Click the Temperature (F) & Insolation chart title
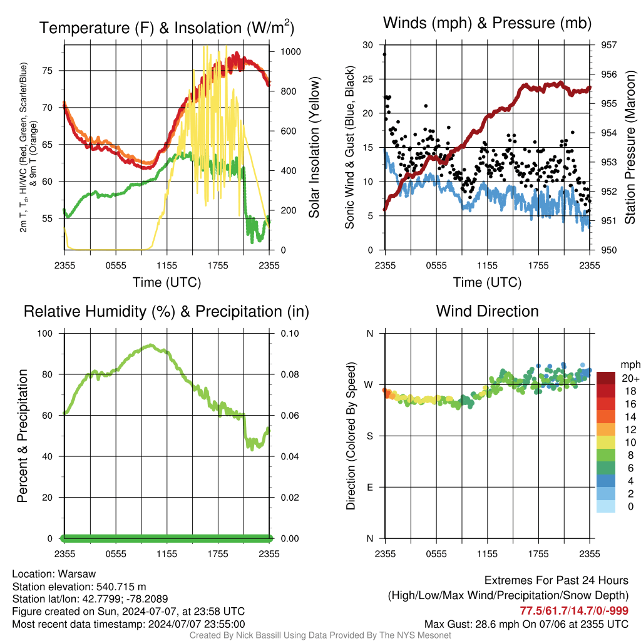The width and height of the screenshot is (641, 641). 167,28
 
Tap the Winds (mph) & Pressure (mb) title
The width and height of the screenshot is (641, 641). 487,23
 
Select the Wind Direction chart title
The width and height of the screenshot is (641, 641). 487,311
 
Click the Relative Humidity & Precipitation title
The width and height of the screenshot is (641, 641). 167,312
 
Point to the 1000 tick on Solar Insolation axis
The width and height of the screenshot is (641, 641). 290,51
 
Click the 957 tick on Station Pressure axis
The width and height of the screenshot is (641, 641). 608,44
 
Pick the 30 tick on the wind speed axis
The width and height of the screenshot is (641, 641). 368,44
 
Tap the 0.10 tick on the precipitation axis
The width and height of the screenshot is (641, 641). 290,333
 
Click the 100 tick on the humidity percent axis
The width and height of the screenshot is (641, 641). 45,333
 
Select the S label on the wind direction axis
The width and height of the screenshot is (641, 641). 370,436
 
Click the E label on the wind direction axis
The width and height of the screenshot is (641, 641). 370,487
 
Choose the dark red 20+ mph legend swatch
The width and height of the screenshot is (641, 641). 606,378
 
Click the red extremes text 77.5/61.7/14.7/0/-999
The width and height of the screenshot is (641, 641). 574,610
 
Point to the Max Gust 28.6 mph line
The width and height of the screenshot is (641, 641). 526,624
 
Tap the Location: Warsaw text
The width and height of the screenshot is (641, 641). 54,574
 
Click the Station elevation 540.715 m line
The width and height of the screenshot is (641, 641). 79,587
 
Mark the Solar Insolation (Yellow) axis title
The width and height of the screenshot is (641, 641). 314,147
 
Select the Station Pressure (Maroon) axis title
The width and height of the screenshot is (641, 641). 630,147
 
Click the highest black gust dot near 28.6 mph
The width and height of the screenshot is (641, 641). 384,54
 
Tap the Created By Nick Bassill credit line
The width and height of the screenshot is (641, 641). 320,635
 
